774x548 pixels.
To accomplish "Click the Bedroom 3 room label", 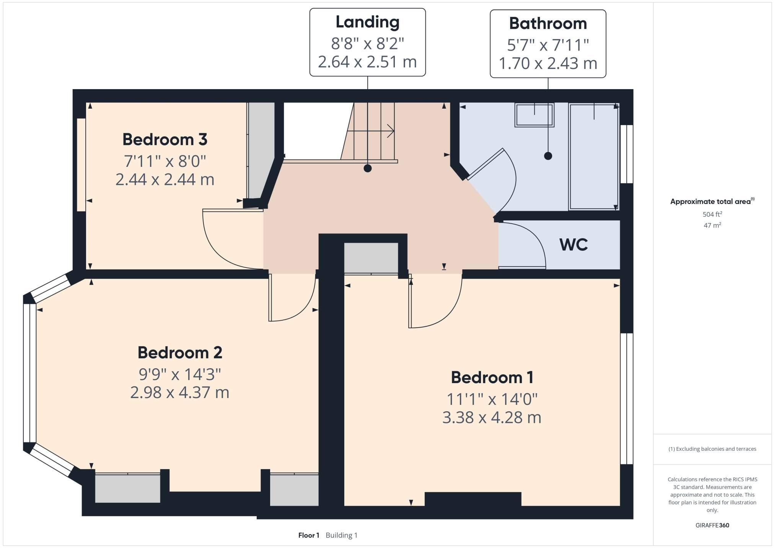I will coord(165,140).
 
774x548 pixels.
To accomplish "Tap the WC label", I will coord(573,245).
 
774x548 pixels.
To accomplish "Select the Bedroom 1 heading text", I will coord(492,378).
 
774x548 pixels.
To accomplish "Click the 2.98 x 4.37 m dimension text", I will coord(179,393).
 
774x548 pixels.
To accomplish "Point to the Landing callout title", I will coord(367,22).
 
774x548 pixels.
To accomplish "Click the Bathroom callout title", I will coord(548,24).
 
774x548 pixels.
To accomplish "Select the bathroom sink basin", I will coord(534,115).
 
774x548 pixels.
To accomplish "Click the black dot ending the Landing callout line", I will coord(367,168).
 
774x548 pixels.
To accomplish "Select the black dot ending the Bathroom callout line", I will coord(548,156).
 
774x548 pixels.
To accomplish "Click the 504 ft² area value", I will coord(712,214).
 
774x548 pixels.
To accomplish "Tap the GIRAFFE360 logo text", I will coord(712,525).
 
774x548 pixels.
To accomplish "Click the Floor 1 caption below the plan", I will coord(308,535).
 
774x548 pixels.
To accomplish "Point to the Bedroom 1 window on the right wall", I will coord(626,398).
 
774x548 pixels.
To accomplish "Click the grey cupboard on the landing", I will coord(371,258).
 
